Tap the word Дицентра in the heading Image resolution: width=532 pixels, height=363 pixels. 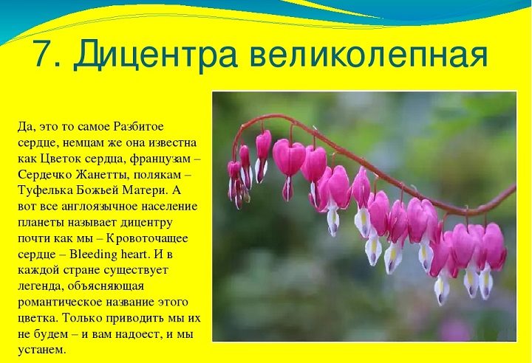154,54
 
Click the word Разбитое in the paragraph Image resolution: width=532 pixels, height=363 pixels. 138,126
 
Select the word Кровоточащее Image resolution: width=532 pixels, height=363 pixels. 147,238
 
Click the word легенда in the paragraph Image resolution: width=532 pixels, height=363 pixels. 40,287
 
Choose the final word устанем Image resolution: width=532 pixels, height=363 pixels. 41,350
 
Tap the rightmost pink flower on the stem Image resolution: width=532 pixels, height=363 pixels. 494,245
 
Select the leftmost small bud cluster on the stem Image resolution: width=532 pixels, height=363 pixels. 234,181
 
